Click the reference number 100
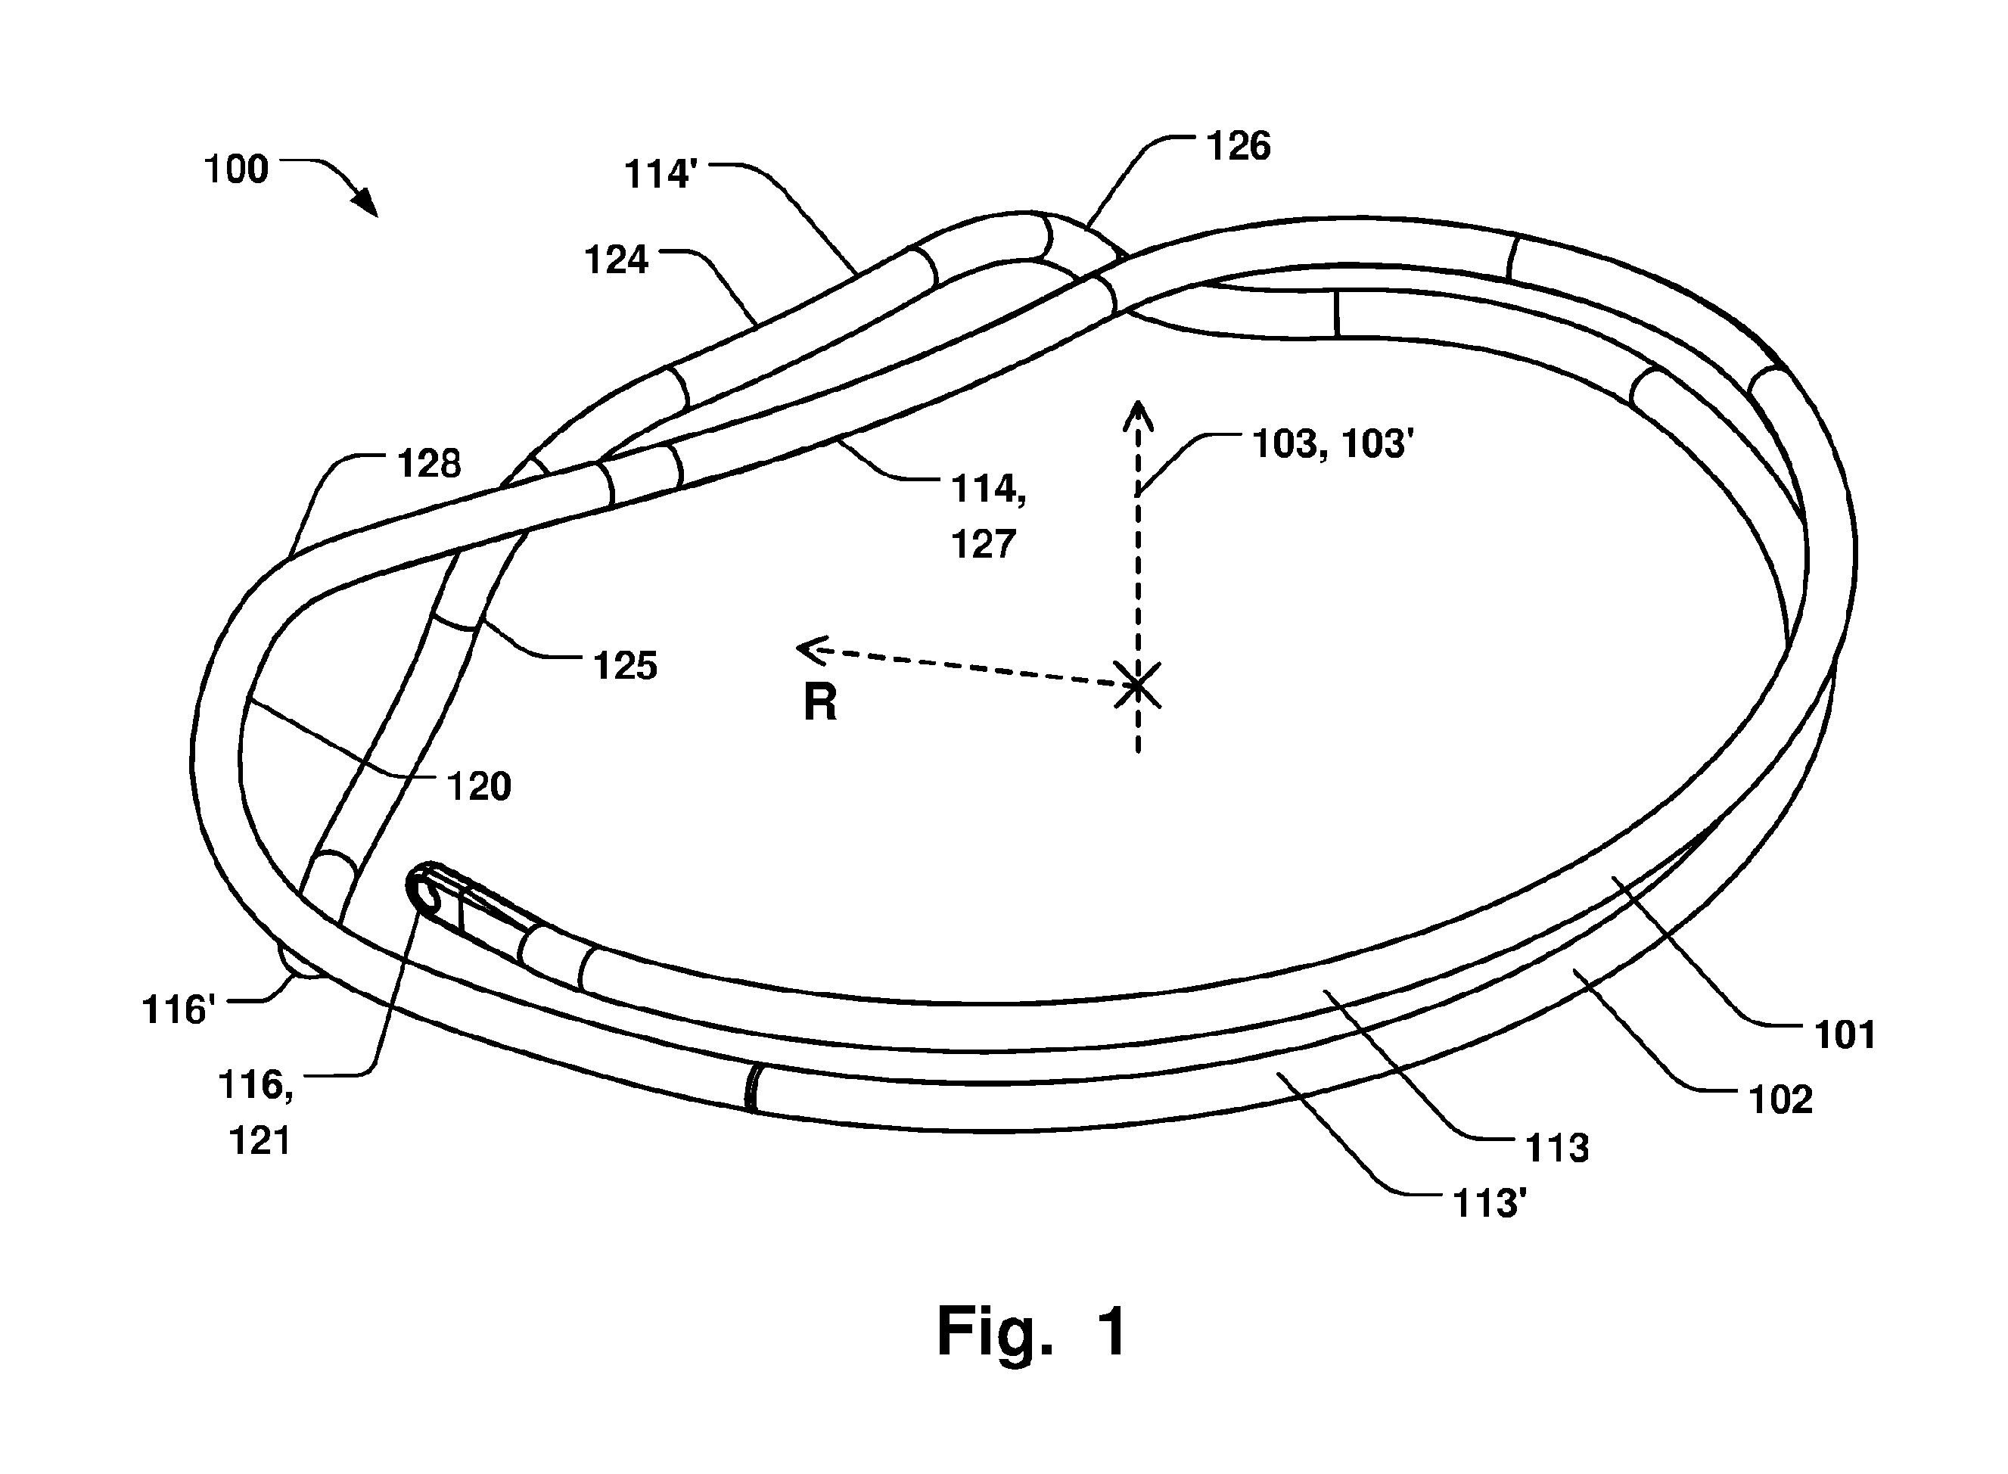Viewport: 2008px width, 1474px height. coord(236,169)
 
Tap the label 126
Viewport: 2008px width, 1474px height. coord(1238,146)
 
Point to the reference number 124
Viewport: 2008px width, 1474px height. coord(617,260)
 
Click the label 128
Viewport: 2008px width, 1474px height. coord(429,464)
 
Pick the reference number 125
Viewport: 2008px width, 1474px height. coord(626,666)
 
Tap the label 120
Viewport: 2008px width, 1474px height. coord(479,787)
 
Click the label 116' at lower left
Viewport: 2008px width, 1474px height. coord(179,1010)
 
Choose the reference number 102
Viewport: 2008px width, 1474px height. coord(1780,1100)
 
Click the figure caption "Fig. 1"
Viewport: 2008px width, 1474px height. coord(1031,1331)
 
